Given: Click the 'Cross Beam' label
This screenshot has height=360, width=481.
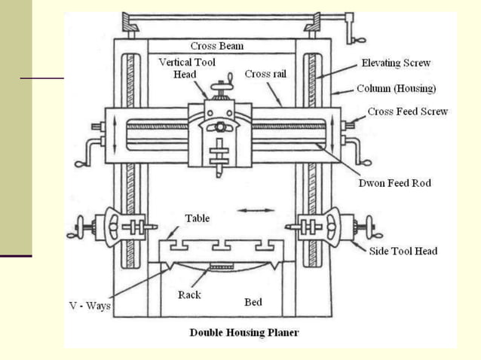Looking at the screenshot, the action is [217, 46].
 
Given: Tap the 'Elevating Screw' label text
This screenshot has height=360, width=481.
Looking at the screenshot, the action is [396, 63].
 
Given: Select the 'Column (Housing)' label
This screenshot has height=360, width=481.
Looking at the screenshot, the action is [396, 89].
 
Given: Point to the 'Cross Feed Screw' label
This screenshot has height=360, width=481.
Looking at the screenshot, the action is [408, 111].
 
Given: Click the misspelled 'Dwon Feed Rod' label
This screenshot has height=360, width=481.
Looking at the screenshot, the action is [395, 183].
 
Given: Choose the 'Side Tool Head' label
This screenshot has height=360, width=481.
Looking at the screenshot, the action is [403, 251].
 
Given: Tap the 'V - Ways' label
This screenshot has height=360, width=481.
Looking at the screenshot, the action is [90, 306].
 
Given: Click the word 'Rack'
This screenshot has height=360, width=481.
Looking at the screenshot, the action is [189, 294].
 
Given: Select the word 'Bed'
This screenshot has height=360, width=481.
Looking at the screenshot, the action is [253, 302].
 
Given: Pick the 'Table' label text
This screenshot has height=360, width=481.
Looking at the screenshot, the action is [198, 218].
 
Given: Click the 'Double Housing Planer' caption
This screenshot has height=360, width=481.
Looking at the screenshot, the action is [244, 332].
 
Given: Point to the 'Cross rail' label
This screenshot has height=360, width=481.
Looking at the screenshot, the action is [265, 74].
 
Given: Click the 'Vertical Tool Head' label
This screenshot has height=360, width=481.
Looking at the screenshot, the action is [187, 68].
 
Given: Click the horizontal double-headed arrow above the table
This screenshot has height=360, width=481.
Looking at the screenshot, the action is [256, 210].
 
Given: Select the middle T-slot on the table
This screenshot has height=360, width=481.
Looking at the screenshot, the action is [222, 245].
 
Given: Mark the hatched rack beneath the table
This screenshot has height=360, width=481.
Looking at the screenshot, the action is [222, 267].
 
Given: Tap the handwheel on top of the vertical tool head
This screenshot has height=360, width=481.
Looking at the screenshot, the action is [222, 88].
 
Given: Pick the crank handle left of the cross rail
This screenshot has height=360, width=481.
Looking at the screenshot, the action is [88, 152].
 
